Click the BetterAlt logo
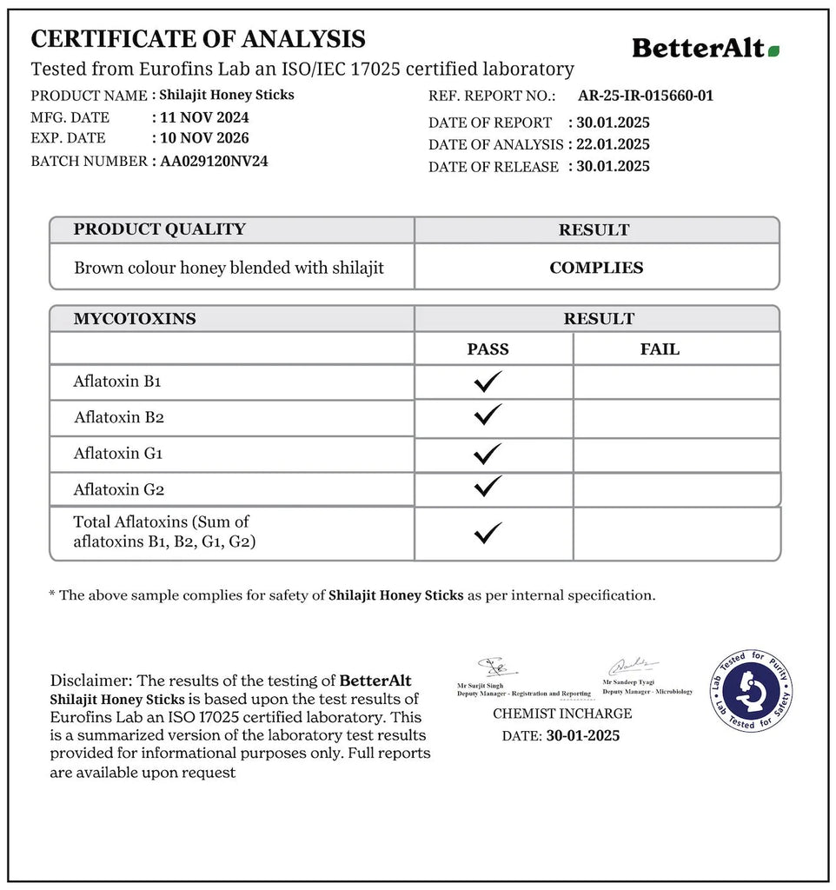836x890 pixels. tap(705, 48)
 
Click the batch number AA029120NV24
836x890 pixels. tap(214, 161)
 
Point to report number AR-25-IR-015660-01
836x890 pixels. tap(645, 96)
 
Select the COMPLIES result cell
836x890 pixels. tap(596, 268)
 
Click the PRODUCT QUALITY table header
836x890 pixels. tap(159, 229)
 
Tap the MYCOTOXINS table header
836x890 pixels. tap(135, 319)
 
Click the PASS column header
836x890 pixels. tap(488, 349)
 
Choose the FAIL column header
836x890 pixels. tap(660, 349)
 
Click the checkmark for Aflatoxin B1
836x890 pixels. tap(488, 381)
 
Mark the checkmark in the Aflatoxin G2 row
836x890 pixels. tap(488, 487)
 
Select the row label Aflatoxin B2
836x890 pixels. tap(119, 417)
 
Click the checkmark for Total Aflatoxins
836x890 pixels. tap(488, 531)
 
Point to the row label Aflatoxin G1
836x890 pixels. tap(118, 453)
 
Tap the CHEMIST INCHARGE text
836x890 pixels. tap(562, 714)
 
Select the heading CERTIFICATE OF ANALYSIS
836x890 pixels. tap(198, 39)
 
